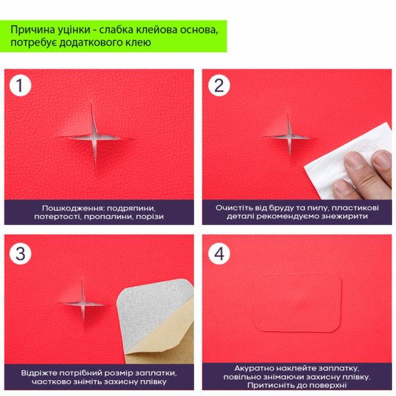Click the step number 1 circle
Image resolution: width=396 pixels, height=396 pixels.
click(20, 85)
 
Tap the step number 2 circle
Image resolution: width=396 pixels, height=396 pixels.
click(219, 85)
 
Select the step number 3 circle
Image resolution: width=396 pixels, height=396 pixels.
click(20, 254)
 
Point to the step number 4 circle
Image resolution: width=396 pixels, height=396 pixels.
click(219, 254)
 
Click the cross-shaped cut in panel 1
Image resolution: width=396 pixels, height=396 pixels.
click(94, 138)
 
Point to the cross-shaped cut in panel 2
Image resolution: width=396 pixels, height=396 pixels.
click(289, 138)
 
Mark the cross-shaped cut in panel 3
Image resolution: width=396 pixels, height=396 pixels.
click(83, 303)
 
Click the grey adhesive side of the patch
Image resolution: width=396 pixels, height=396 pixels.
click(149, 311)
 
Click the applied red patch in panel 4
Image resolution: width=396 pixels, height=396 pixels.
click(297, 304)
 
